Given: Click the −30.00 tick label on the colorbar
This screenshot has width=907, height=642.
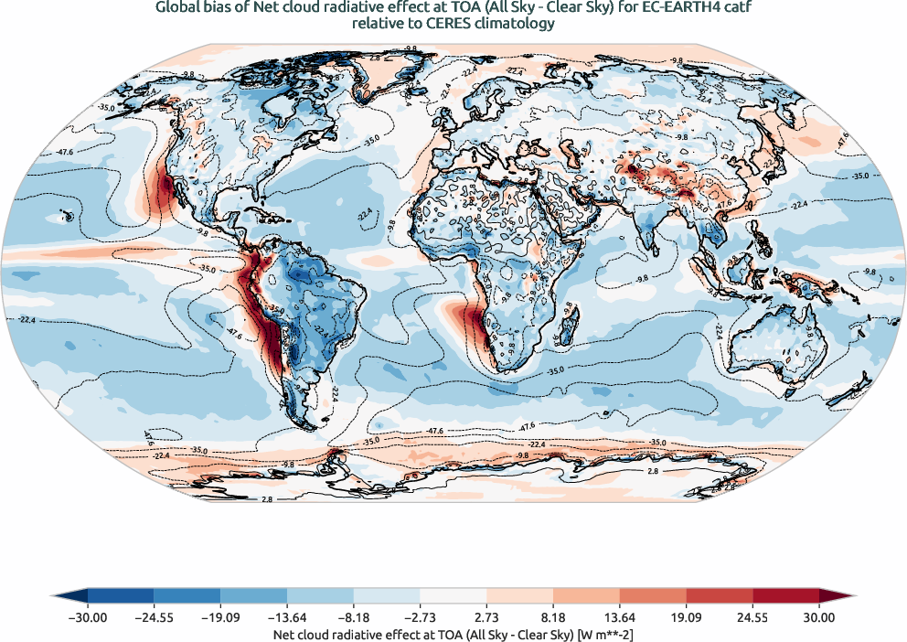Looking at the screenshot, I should [88, 618].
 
